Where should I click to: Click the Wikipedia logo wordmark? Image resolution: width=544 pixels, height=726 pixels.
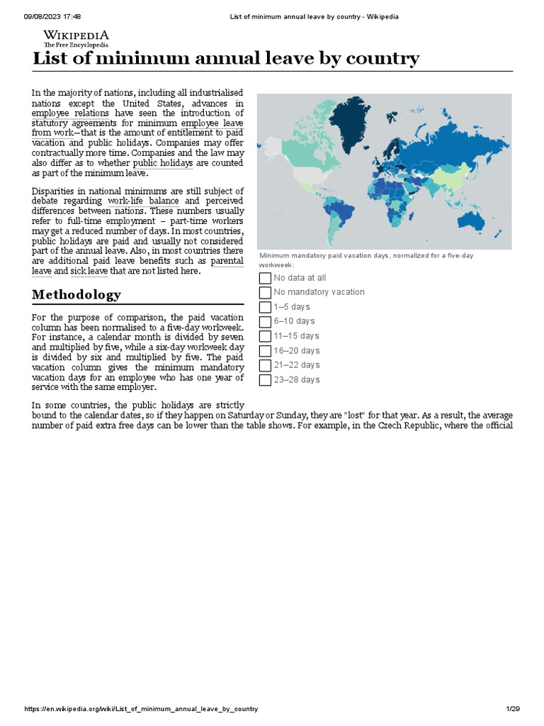click(x=76, y=35)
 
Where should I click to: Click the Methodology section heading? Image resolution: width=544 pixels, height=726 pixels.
click(x=76, y=294)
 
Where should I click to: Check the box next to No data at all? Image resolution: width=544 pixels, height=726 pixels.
click(x=265, y=278)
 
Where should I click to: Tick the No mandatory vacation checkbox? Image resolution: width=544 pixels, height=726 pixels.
click(x=265, y=292)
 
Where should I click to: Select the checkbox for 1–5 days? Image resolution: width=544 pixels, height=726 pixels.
click(x=265, y=307)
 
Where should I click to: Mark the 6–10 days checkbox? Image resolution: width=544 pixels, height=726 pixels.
click(x=265, y=321)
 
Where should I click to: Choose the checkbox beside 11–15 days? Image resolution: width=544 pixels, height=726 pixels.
click(x=265, y=336)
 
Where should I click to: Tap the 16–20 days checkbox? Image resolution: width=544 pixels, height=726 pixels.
click(x=265, y=351)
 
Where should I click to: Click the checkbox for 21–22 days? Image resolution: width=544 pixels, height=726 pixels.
click(x=265, y=365)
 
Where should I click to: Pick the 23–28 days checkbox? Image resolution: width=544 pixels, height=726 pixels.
click(x=265, y=380)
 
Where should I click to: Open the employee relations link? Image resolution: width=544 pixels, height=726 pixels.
click(x=70, y=113)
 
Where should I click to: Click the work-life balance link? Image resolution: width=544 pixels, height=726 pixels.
click(x=143, y=201)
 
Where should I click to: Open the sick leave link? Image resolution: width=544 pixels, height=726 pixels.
click(x=89, y=271)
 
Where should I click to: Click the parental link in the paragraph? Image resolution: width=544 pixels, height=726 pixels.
click(x=227, y=261)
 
